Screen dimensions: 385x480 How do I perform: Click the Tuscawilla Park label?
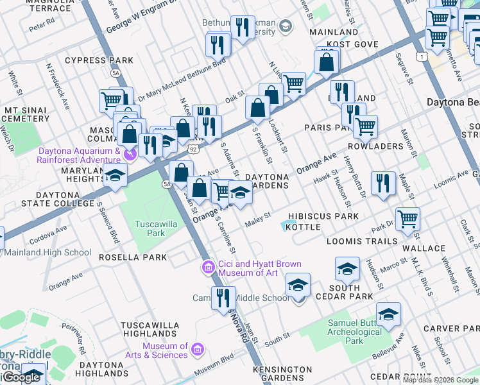point(150,228)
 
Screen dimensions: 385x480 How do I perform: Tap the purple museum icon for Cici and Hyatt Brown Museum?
point(208,267)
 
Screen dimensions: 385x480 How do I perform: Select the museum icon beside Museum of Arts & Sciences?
point(197,350)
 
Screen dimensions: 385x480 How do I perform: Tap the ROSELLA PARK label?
point(133,257)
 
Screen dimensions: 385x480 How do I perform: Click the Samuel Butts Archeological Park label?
point(354,332)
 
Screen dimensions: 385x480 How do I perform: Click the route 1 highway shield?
point(421,57)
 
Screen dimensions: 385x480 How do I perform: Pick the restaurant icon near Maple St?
point(384,184)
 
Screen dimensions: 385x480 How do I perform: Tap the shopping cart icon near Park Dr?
point(407,219)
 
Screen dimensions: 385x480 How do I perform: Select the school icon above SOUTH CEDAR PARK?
point(347,268)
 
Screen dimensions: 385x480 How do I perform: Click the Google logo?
point(21,377)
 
